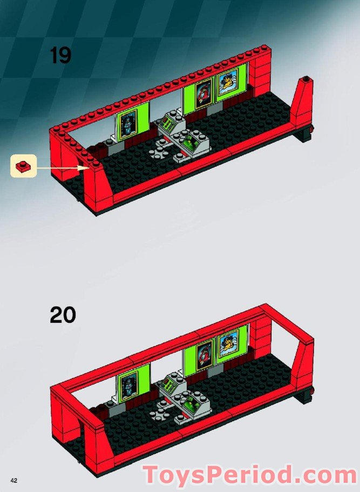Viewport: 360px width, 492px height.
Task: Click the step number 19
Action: coord(60,55)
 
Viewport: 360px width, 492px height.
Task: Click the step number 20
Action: coord(63,314)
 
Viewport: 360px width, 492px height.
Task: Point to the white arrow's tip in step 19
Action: coord(88,168)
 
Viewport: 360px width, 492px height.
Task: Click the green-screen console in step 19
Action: coord(192,143)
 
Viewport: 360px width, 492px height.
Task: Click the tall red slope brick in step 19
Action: coord(301,105)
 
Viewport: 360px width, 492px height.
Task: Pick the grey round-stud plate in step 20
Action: coord(160,413)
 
